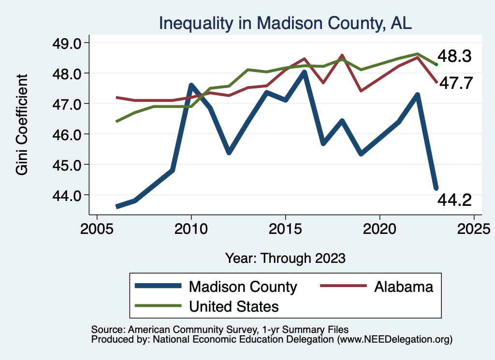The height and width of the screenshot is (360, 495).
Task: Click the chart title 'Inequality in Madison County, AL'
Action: (x=285, y=23)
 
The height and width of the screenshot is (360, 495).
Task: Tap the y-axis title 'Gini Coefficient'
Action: (x=22, y=125)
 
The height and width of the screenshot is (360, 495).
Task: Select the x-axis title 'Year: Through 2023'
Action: (x=285, y=258)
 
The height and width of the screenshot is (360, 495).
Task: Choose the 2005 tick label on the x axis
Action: (x=97, y=228)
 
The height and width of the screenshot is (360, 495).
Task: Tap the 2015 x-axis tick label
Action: (x=285, y=228)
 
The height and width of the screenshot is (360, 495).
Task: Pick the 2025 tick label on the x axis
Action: (x=474, y=228)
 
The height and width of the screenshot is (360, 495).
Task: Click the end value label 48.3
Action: (x=454, y=56)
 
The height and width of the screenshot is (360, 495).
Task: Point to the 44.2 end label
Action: (x=454, y=200)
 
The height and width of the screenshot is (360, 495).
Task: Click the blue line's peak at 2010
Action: (x=191, y=86)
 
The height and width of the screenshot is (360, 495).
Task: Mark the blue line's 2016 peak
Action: (x=304, y=72)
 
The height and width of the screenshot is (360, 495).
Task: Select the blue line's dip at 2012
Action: (x=229, y=152)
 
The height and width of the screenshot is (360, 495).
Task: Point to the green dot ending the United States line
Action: (x=436, y=64)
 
